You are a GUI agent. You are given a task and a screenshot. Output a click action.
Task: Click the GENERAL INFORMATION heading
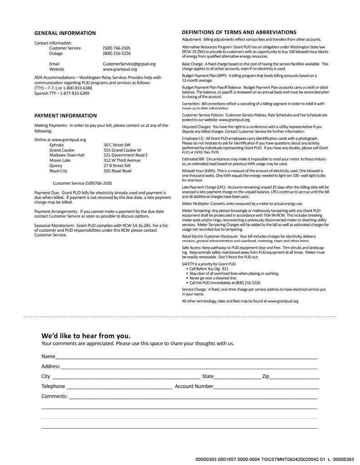(65, 33)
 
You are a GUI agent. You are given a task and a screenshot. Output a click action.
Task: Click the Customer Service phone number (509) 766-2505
(116, 48)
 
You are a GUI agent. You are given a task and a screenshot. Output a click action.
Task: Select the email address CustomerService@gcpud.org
(129, 64)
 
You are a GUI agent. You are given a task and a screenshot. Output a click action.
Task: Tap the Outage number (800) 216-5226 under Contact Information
(116, 54)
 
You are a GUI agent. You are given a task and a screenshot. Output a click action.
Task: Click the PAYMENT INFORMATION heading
(65, 116)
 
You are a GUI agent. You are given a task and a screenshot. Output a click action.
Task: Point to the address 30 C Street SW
(117, 145)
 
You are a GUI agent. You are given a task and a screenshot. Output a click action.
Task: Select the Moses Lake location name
(60, 160)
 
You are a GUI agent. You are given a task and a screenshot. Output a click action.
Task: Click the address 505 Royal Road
(117, 171)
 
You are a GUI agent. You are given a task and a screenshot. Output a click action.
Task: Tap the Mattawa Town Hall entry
(67, 155)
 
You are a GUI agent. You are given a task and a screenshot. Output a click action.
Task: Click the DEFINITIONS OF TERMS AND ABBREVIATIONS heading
(239, 32)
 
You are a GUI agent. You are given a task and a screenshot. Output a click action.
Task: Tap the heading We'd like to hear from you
(86, 336)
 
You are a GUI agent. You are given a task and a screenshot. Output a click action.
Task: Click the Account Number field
(266, 387)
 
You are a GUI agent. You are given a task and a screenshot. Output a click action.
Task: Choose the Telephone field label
(53, 386)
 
